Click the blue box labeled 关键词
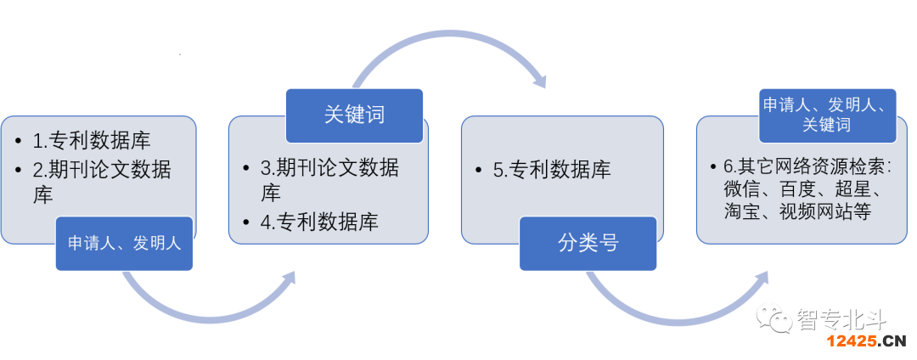(354, 115)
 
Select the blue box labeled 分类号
(588, 243)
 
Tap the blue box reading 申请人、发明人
(125, 243)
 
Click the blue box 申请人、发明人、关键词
(828, 115)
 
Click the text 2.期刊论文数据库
(103, 182)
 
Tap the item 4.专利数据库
(319, 222)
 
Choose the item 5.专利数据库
(553, 170)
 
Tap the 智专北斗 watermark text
(841, 320)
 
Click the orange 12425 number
(847, 341)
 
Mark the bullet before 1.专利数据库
(20, 141)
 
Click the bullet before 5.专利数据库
(480, 170)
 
